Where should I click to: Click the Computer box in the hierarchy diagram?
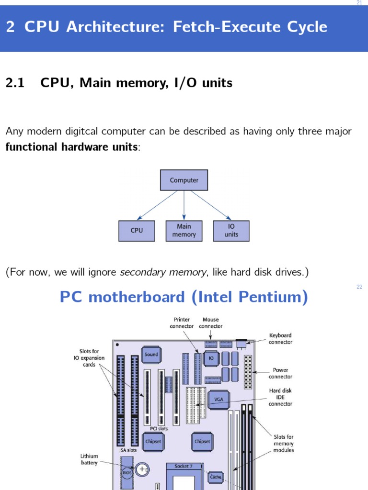coord(184,180)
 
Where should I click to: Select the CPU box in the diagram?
coord(137,231)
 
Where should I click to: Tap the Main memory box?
coord(184,231)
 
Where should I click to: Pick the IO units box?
coord(231,231)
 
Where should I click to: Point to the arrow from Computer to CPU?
coord(157,205)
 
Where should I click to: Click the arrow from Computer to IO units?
coord(211,205)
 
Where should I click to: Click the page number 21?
coord(359,2)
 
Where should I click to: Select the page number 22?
coord(359,287)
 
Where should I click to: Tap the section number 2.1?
coord(15,83)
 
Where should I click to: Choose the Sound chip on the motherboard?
coord(151,355)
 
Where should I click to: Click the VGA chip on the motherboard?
coord(218,400)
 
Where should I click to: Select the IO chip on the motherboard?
coord(211,358)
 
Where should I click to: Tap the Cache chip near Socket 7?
coord(216,477)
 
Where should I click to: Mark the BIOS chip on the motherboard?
coord(127,472)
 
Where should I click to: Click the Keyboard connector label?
coord(280,338)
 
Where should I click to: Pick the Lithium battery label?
coord(89,459)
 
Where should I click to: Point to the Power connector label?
coord(280,373)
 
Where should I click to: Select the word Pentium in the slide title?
coord(273,297)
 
